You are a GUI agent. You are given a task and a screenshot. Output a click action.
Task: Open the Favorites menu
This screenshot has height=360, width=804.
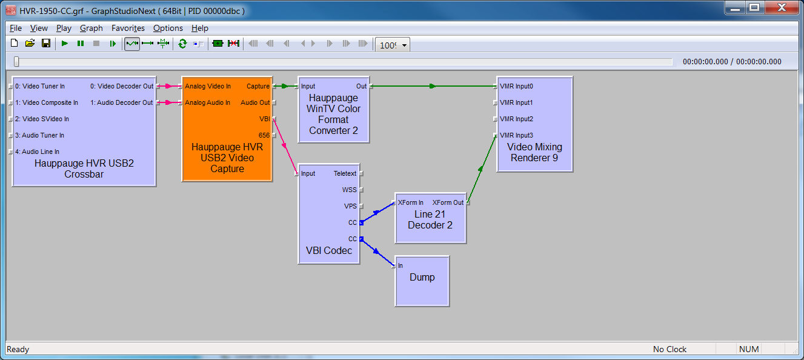click(128, 28)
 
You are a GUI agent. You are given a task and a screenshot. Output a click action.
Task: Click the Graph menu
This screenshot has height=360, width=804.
click(91, 28)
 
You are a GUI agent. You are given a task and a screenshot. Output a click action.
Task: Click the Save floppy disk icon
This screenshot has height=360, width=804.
click(45, 44)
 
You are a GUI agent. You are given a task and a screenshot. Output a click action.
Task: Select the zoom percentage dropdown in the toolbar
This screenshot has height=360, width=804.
click(393, 44)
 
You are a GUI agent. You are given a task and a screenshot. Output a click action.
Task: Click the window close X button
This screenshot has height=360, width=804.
click(782, 7)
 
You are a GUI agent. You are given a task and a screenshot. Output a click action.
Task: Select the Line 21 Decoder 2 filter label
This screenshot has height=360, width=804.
click(430, 219)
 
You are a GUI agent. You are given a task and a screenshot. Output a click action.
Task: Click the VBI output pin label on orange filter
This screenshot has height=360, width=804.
click(264, 119)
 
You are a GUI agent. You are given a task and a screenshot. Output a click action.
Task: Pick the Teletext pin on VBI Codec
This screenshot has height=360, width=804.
click(345, 173)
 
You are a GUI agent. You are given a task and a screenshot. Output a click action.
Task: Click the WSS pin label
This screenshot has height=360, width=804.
click(349, 190)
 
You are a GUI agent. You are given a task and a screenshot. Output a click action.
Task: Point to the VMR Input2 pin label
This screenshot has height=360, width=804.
click(516, 119)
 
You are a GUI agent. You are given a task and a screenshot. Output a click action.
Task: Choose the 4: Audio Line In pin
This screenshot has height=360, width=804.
click(38, 152)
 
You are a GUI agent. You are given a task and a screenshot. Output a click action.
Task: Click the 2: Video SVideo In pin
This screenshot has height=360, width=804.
click(42, 119)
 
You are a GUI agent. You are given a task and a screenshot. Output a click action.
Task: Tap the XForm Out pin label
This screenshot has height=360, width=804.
click(448, 202)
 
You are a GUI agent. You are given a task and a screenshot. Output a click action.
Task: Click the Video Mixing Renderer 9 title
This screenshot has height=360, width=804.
click(534, 152)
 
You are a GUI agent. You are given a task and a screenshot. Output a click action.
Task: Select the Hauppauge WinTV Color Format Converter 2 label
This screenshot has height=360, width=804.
click(334, 114)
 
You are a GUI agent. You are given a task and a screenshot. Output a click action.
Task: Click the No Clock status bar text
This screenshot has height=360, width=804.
click(669, 349)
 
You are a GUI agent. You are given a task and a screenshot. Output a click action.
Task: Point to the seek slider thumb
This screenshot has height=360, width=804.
click(16, 61)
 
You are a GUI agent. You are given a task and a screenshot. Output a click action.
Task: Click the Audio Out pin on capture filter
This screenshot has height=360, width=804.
click(255, 102)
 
